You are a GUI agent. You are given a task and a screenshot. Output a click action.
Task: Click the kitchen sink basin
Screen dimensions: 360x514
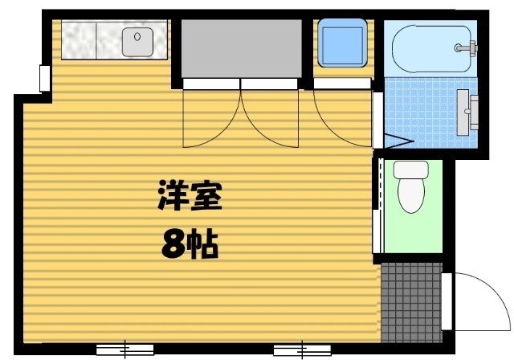coord(138,40)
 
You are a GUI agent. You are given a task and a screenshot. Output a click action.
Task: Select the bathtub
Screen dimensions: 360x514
coord(430,48)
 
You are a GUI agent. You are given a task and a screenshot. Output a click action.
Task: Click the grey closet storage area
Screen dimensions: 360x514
coord(240,48)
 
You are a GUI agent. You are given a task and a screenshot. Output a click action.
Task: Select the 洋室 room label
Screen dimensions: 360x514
coord(189,195)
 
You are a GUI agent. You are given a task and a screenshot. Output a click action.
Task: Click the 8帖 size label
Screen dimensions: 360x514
coord(190,245)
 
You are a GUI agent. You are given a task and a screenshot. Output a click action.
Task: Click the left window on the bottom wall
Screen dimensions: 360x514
coord(124,349)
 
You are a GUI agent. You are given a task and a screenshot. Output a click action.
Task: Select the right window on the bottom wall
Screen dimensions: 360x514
coord(302,349)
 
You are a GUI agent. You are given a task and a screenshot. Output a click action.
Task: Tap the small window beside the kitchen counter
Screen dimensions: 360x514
coord(44,78)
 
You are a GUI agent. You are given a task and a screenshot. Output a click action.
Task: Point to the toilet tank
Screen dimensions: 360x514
coord(410,170)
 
